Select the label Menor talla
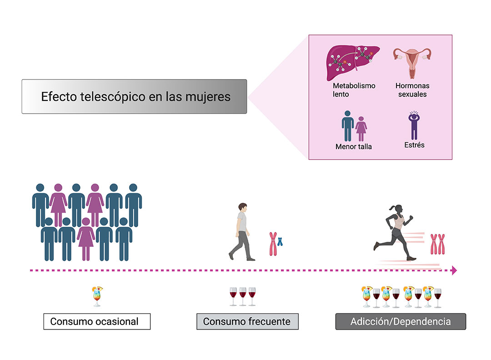click(354, 146)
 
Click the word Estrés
click(414, 145)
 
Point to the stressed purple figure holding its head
click(414, 125)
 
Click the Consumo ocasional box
click(97, 321)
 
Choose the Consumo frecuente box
click(247, 321)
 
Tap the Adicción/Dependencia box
click(401, 321)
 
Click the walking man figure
click(242, 232)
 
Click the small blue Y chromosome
click(280, 241)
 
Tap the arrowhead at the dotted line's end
click(454, 270)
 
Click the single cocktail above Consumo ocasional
click(97, 296)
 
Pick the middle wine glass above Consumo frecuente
click(243, 296)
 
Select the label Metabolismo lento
click(354, 90)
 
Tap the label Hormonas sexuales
click(412, 90)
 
